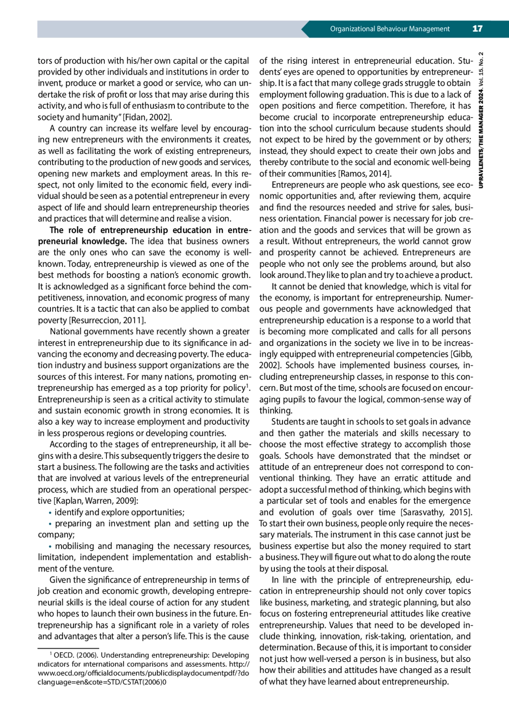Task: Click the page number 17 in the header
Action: click(477, 29)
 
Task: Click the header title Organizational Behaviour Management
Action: click(390, 29)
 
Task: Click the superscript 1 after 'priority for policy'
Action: click(248, 386)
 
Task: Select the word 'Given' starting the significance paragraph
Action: click(61, 580)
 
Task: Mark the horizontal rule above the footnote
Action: click(68, 648)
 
